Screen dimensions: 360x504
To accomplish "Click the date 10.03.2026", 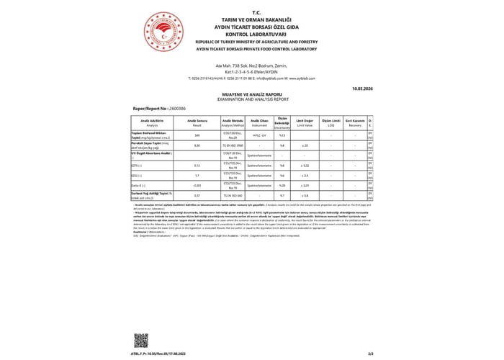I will [361, 89].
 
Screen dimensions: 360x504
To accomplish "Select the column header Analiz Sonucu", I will [197, 122].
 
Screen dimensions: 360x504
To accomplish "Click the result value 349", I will [197, 135].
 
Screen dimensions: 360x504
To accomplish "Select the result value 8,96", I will [197, 145].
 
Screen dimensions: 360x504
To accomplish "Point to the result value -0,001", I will [197, 185].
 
